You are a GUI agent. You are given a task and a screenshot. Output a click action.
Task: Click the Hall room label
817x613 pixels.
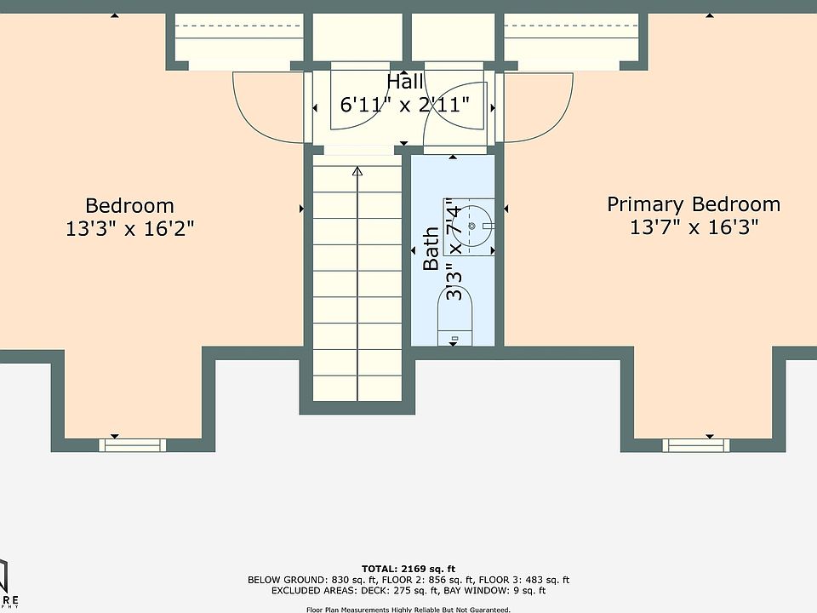click(405, 83)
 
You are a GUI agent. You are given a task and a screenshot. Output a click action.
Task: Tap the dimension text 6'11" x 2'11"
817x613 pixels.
click(405, 106)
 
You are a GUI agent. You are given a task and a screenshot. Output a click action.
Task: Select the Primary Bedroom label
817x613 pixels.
click(693, 204)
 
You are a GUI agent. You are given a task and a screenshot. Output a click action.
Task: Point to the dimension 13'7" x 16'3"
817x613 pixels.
click(694, 227)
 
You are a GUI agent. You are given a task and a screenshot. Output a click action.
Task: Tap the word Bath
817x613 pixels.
click(431, 249)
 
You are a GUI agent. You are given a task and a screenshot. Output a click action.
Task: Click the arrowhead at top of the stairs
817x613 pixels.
click(357, 172)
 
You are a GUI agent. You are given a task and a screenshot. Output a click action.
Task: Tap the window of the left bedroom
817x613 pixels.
click(131, 444)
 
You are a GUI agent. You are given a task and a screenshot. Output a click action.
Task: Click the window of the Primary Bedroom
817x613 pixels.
click(696, 444)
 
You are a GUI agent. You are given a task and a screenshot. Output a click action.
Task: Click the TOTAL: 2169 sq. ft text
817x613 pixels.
click(408, 568)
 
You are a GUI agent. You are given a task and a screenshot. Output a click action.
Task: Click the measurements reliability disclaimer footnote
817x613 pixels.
click(408, 610)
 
